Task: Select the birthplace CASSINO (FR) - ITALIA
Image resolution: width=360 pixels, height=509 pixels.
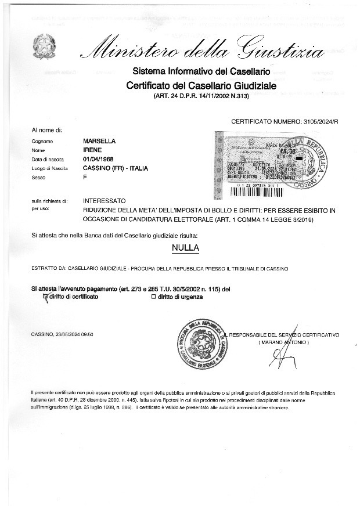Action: point(116,168)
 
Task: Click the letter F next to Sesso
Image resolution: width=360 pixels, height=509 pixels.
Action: point(85,177)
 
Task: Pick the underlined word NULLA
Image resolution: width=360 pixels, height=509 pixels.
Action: point(185,248)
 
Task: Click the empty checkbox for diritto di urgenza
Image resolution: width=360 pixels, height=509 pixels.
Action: point(153,297)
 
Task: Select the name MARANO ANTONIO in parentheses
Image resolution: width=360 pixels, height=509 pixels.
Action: point(283,343)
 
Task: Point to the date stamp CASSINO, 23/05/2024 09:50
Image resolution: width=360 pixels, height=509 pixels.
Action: point(63,335)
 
